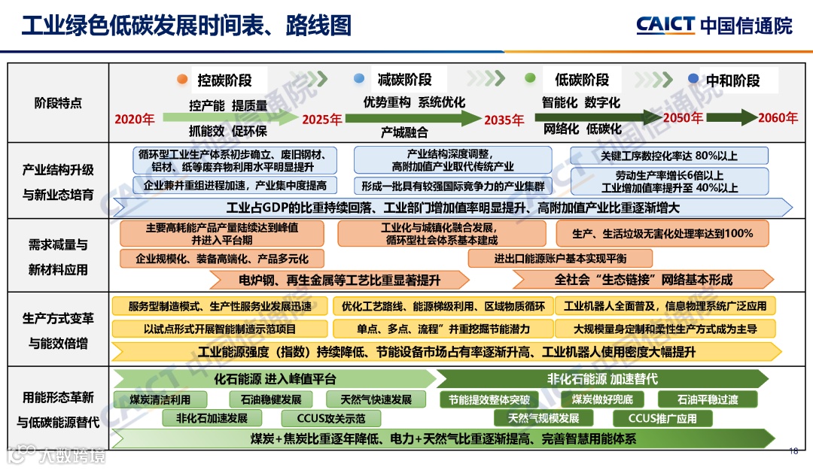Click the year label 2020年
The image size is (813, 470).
click(135, 119)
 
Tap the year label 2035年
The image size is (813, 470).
click(504, 120)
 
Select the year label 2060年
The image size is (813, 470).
click(778, 118)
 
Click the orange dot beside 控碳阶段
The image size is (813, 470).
click(181, 80)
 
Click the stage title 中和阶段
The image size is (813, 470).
click(732, 80)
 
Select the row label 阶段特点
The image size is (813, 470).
click(58, 103)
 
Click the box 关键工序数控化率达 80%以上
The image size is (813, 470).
click(669, 156)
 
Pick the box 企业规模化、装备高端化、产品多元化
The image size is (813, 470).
click(222, 259)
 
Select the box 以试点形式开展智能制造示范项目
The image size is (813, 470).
click(220, 329)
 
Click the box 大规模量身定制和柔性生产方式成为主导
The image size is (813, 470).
click(665, 329)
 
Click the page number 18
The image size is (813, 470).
click(793, 451)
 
